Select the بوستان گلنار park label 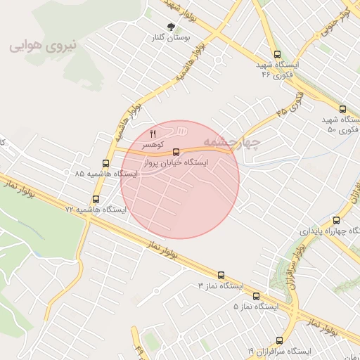(x=161, y=37)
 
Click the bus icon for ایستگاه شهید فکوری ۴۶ (x=276, y=54)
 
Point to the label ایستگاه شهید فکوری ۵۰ (x=342, y=125)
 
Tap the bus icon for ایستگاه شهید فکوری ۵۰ (x=342, y=109)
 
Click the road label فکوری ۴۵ (x=290, y=103)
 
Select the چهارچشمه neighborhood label (x=231, y=142)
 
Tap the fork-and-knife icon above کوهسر (x=153, y=133)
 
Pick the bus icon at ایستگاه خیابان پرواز (x=176, y=150)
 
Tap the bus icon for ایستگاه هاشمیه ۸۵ (x=105, y=163)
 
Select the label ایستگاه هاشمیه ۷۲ (x=96, y=210)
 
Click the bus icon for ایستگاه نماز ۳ (x=221, y=276)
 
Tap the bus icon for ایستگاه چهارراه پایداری (x=336, y=220)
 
